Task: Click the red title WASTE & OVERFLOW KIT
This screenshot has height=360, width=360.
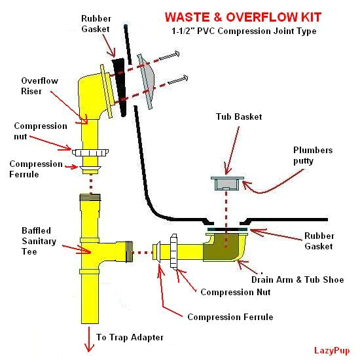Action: (243, 17)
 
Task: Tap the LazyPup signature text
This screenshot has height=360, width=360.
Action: (332, 351)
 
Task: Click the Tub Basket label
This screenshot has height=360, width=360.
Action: (239, 117)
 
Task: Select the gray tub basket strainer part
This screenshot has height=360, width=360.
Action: (227, 183)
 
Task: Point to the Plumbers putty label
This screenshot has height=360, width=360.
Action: (313, 155)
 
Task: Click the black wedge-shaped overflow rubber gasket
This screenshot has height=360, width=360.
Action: (120, 87)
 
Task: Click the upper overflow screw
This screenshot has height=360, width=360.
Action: (170, 56)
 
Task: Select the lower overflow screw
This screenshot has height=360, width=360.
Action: (178, 80)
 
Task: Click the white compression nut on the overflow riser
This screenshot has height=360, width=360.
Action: (90, 153)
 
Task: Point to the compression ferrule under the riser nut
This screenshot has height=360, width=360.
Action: (90, 170)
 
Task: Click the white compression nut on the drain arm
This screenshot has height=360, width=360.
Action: (174, 252)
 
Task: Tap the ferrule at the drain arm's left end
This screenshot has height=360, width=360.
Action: (157, 252)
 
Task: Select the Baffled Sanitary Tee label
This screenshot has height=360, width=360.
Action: (39, 241)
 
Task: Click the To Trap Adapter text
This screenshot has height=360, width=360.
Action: (130, 337)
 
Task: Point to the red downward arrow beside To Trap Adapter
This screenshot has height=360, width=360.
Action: (89, 340)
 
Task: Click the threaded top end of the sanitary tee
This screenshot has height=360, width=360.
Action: (90, 198)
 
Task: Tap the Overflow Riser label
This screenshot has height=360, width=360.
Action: (39, 86)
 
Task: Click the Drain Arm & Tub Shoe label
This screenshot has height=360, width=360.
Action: (298, 279)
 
